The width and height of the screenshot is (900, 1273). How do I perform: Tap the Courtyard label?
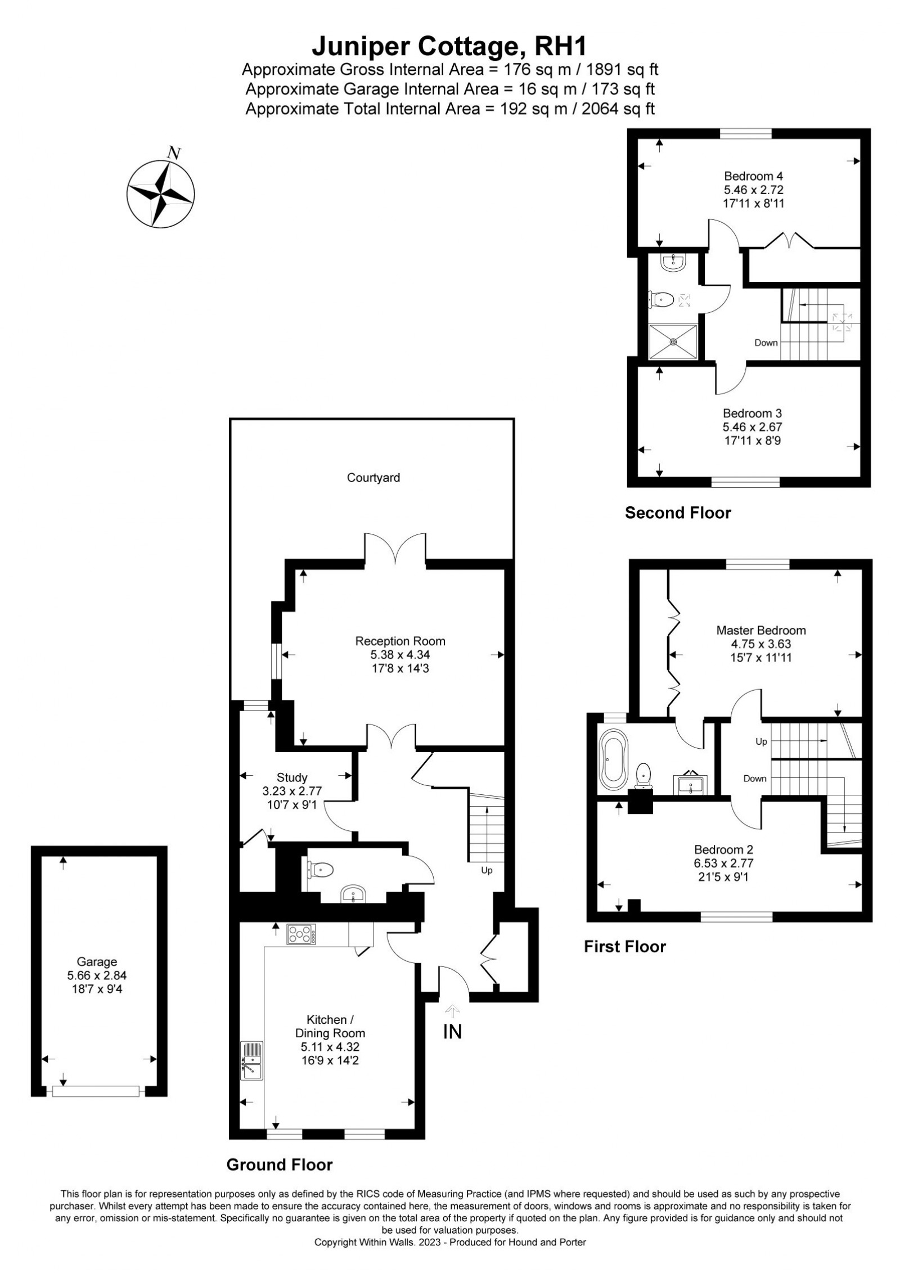pos(373,478)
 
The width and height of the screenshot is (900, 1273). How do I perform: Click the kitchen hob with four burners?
pos(301,934)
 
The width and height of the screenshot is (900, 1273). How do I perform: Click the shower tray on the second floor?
pos(673,341)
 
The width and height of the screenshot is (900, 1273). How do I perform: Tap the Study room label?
pos(292,777)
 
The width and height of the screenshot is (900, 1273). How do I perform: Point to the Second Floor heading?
pos(678,513)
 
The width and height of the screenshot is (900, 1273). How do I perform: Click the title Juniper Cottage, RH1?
pos(450,46)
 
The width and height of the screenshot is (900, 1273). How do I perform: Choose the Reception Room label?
pos(400,641)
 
